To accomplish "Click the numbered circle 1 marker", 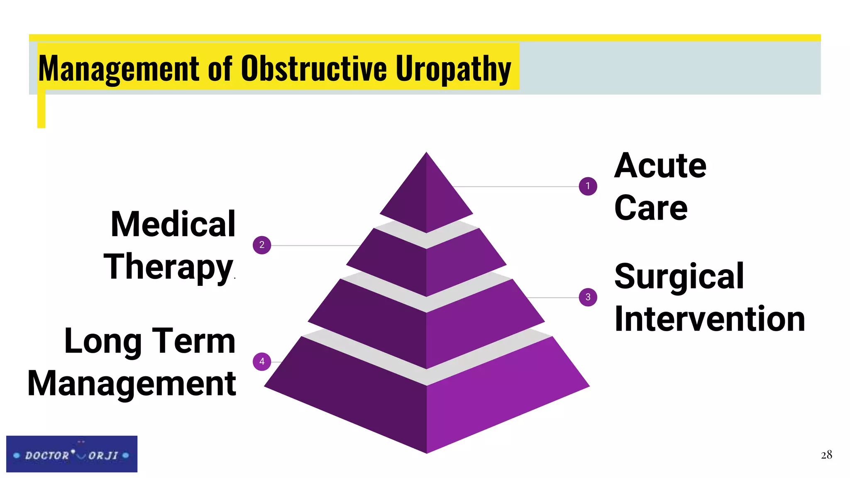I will click(x=588, y=186).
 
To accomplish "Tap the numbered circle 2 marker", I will click(x=262, y=245).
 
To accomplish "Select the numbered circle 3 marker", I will click(x=588, y=297).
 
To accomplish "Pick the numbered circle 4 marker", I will click(x=262, y=361).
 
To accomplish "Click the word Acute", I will click(x=660, y=166).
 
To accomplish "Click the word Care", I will click(x=651, y=208).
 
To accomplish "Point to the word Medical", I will click(x=173, y=224).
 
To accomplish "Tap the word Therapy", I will click(x=168, y=268).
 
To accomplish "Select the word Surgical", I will click(x=679, y=277).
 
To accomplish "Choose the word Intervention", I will click(x=710, y=319).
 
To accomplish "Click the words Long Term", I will click(x=150, y=341).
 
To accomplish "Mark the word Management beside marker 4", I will click(x=132, y=384).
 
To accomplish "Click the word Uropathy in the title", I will click(x=453, y=69).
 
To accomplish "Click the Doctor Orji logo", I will click(x=72, y=454).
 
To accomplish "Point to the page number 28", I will click(x=826, y=455).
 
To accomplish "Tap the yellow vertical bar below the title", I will click(x=41, y=110).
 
